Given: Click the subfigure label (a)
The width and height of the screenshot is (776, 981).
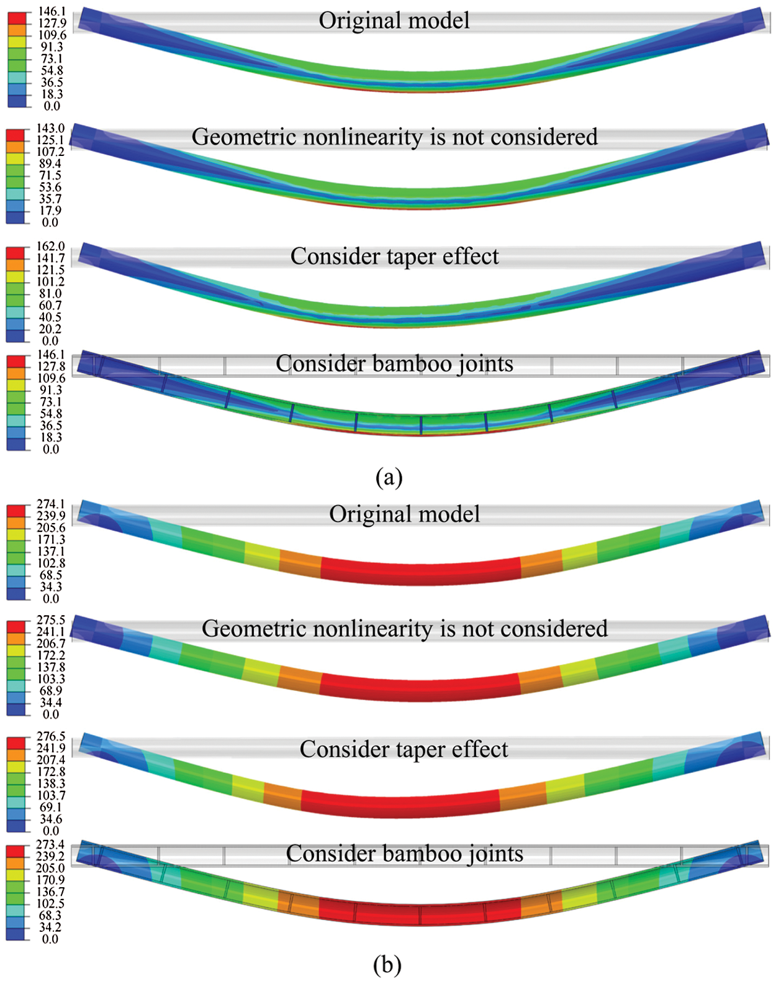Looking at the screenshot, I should tap(389, 477).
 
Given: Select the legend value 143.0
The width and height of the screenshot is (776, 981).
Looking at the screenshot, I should tap(50, 129).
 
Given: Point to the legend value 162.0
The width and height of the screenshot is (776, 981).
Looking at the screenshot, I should tap(50, 247).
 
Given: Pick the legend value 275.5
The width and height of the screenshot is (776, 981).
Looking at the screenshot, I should tap(50, 620).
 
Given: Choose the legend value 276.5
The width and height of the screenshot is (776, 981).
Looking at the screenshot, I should tap(50, 737).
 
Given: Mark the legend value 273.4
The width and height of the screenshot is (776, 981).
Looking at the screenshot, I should tap(50, 845).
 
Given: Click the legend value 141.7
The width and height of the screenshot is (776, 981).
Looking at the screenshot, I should tap(50, 258).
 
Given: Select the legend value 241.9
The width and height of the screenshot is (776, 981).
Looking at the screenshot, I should tap(50, 749).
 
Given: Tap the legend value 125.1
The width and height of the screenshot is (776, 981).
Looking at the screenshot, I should tap(50, 140).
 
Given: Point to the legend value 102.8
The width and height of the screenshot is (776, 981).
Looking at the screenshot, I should tap(50, 564).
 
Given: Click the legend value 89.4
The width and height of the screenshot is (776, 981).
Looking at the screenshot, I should tap(50, 164).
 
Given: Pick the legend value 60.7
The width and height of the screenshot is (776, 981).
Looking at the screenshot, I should tap(50, 306).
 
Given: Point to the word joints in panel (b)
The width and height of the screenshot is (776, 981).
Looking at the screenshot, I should tap(495, 854).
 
